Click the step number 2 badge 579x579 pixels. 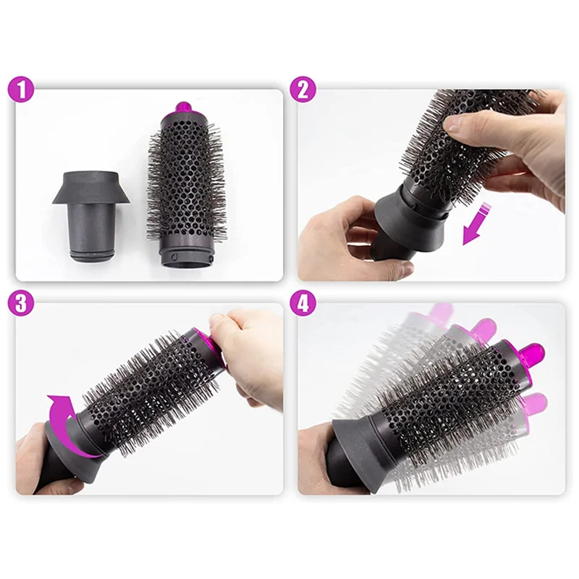click(x=303, y=90)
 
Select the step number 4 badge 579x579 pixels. click(x=303, y=303)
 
